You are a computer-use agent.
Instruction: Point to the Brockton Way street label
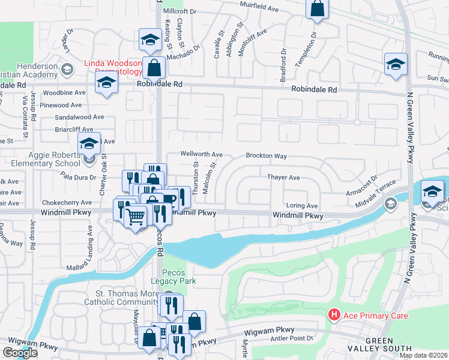266,156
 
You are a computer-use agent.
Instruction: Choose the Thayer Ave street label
283,178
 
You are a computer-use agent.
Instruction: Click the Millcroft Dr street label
179,11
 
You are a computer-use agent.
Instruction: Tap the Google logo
20,353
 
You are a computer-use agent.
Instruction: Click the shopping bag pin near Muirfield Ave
317,10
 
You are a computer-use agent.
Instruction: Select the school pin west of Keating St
149,41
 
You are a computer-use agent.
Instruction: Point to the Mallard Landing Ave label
90,244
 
